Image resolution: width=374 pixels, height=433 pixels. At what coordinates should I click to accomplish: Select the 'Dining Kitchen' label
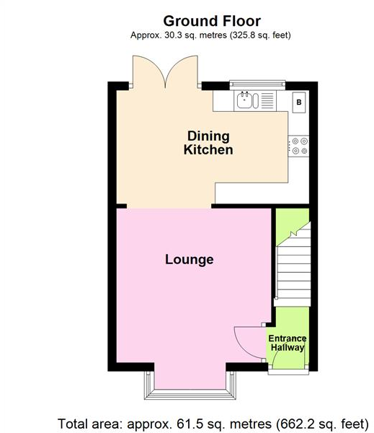(208, 143)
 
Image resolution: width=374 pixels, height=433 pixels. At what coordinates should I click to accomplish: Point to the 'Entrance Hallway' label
(288, 344)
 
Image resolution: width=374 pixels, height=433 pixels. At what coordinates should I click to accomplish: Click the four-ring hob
(299, 146)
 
